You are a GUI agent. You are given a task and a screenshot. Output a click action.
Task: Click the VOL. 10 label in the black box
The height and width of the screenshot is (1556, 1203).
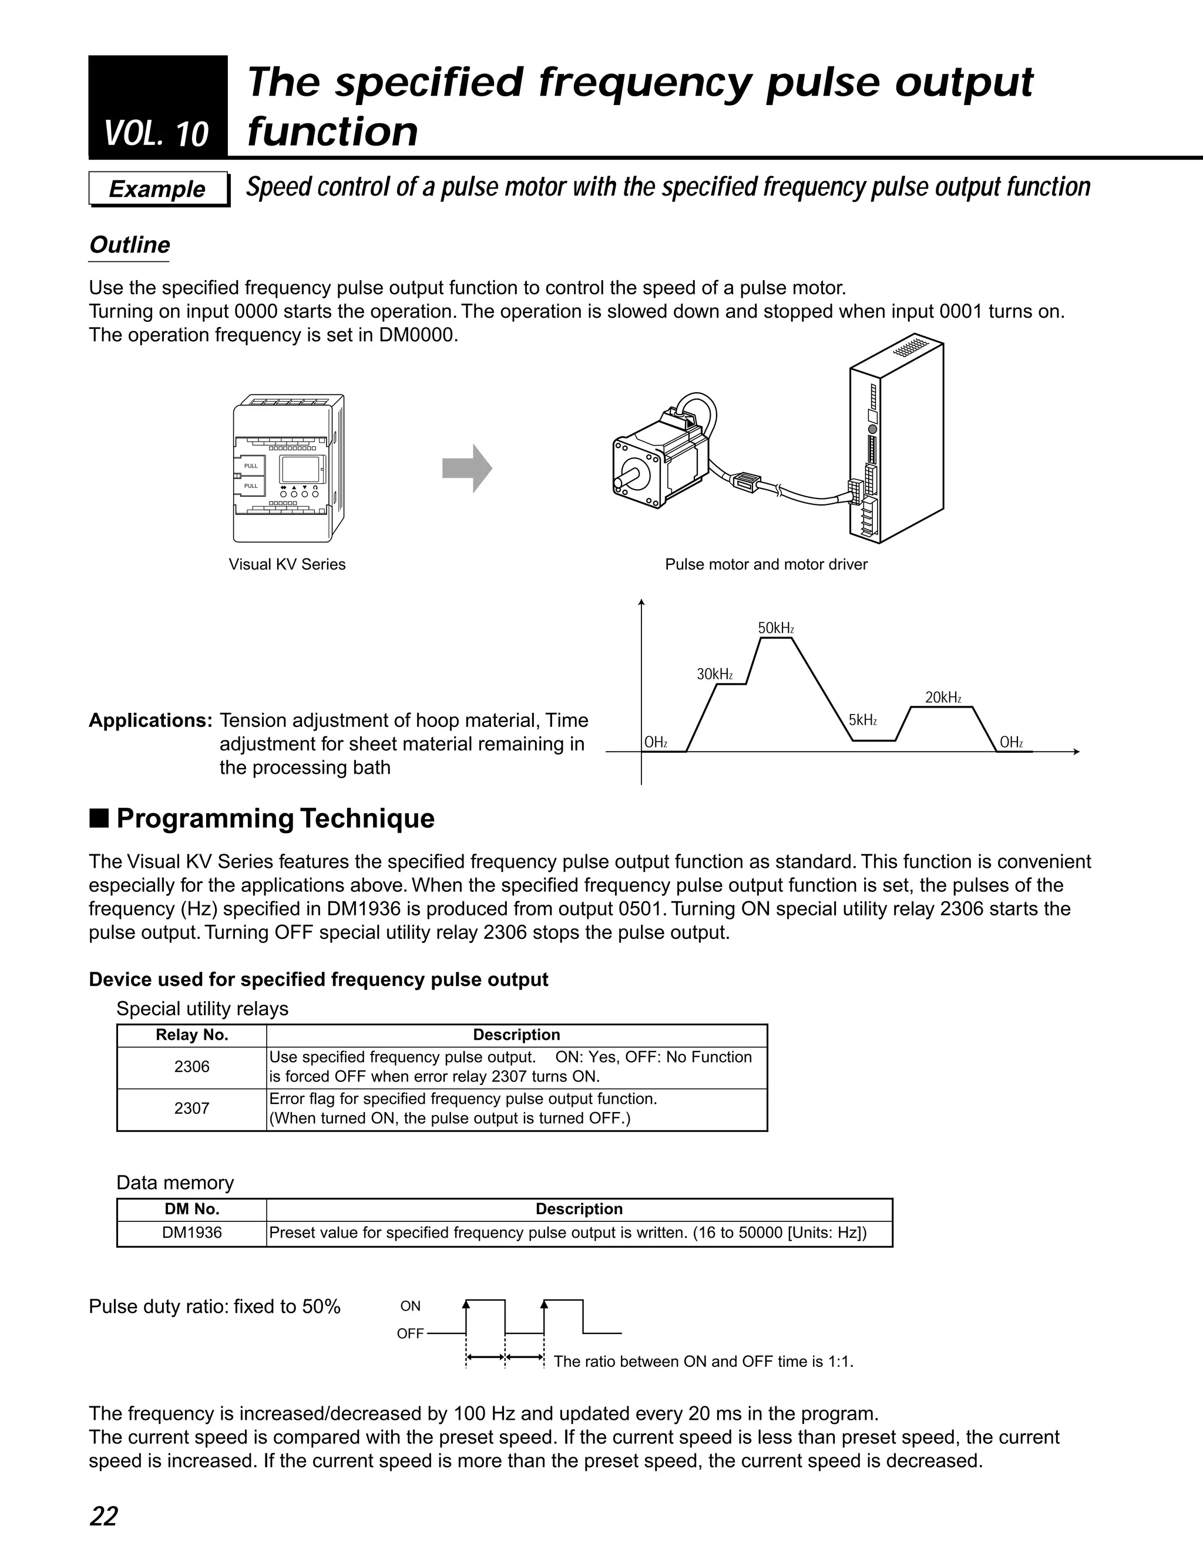156,134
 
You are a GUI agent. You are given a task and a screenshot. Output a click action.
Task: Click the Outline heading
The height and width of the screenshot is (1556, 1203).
129,245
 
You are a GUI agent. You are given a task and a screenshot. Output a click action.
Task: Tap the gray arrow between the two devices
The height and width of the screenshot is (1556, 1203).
467,468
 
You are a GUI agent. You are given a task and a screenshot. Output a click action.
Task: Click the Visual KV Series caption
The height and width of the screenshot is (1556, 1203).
287,564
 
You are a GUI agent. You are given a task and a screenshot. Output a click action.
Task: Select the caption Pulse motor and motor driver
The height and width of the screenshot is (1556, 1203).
766,564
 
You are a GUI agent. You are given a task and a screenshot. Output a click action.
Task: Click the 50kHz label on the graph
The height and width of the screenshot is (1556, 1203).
775,628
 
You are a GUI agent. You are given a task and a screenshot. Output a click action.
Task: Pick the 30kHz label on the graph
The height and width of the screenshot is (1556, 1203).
714,674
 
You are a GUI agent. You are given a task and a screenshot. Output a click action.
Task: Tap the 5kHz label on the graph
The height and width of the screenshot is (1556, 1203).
862,720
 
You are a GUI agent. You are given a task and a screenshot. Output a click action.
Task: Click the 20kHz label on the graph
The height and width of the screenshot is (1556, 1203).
943,698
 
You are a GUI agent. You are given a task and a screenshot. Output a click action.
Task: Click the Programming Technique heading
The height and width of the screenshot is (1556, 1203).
275,819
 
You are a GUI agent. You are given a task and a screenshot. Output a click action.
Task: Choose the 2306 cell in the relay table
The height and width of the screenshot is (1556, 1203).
191,1066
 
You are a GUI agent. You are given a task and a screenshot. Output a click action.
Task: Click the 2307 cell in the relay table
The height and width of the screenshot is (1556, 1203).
191,1108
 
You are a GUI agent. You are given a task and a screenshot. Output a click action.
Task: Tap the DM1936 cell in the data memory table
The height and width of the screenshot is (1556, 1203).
191,1232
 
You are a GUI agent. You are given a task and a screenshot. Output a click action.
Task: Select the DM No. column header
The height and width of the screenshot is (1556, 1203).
191,1209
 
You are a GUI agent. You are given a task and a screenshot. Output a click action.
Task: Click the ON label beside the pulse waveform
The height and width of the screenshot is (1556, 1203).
411,1306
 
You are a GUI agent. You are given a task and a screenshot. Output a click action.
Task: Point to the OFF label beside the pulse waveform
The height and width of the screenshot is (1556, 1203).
410,1333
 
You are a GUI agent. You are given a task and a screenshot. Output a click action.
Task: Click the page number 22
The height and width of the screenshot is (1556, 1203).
103,1516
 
